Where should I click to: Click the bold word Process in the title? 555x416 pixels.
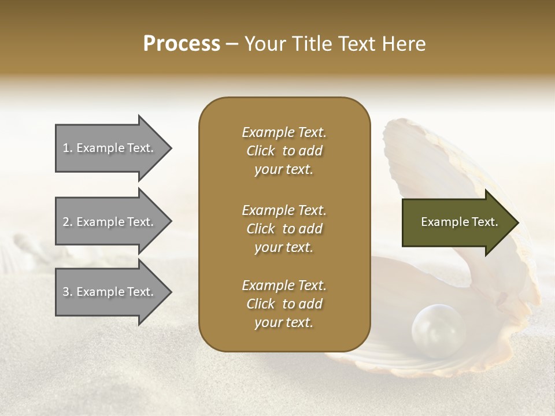182,44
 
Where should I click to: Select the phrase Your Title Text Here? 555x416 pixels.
335,44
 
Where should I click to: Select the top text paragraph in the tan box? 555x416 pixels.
284,151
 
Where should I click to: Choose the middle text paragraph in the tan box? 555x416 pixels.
284,229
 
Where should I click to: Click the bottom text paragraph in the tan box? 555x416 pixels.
284,304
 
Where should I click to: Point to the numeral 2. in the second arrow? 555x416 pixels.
68,222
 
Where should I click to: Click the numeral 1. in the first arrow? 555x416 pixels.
68,148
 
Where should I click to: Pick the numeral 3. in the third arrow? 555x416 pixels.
68,292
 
